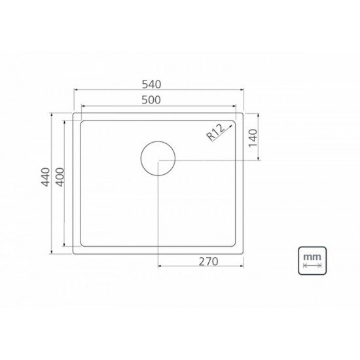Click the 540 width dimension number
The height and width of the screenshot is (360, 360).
158,85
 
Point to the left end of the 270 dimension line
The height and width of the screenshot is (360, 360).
158,266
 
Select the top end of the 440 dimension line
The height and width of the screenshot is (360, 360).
52,113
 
